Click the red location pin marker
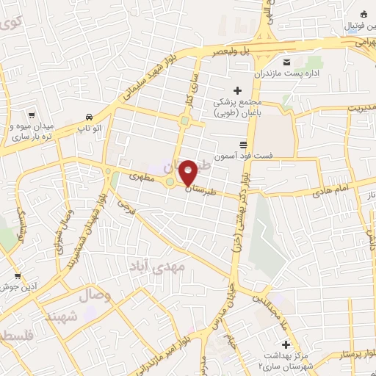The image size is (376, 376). tap(188, 173)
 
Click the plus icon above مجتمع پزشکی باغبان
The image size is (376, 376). tap(236, 90)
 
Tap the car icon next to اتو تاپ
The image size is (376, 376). tap(89, 117)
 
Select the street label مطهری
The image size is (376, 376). tap(140, 177)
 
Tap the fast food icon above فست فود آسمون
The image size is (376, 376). tap(242, 145)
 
